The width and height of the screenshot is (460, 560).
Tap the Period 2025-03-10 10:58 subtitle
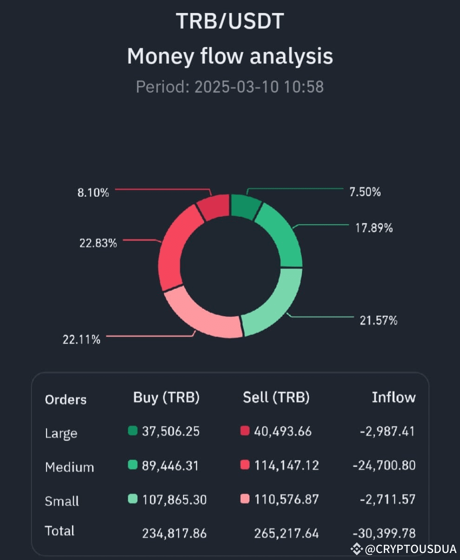230,87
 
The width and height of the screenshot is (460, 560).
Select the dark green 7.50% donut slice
245,206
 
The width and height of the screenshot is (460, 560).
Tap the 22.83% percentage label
98,243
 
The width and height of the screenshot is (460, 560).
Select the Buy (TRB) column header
166,397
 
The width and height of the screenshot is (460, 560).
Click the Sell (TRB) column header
276,397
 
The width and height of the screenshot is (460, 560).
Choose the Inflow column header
393,397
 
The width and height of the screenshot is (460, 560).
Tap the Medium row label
69,467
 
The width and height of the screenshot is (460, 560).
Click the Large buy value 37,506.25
170,431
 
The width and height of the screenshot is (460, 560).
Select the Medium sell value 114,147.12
286,465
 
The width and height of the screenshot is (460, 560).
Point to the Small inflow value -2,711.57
387,499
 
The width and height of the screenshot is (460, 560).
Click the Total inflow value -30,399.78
384,533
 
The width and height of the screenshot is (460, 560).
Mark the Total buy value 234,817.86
174,533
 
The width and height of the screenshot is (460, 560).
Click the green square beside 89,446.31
133,465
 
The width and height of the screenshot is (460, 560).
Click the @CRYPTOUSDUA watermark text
411,550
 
